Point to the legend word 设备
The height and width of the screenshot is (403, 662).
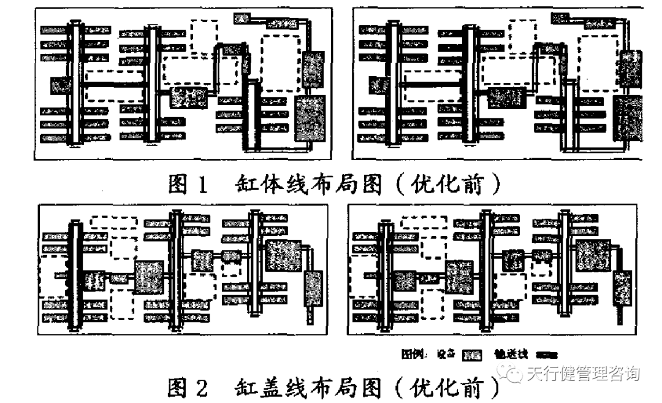coord(446,355)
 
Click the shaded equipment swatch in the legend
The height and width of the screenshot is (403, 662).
coord(472,355)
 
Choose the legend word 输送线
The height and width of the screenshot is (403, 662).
coord(511,355)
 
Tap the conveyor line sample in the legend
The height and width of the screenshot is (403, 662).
coord(546,355)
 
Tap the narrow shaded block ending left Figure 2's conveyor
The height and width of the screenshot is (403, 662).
coord(314,288)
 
